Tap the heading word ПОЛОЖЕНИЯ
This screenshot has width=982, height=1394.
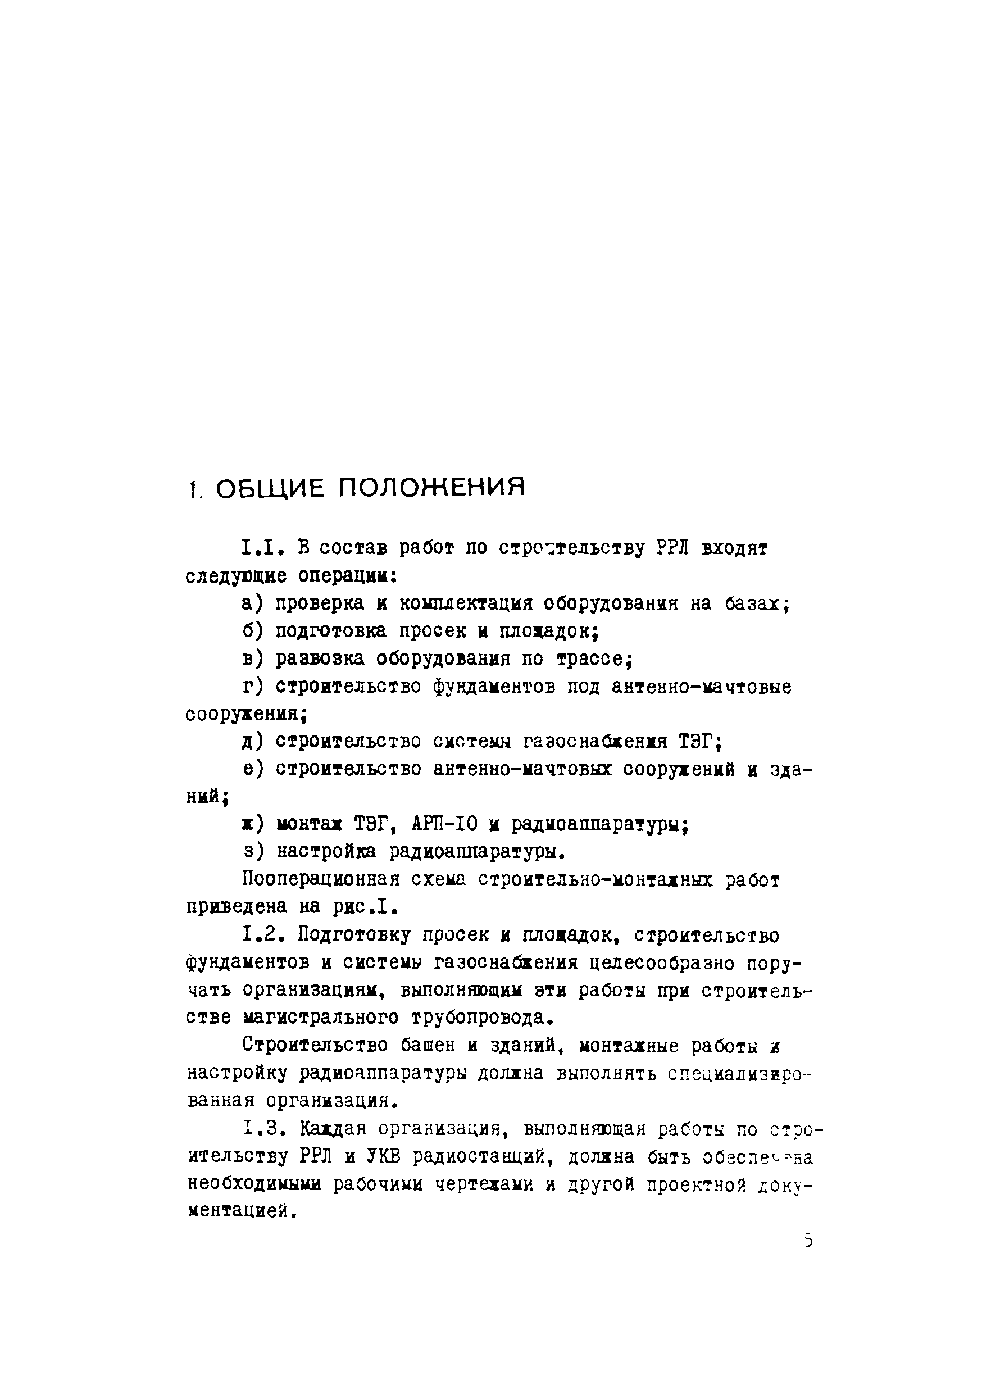[x=430, y=489]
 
